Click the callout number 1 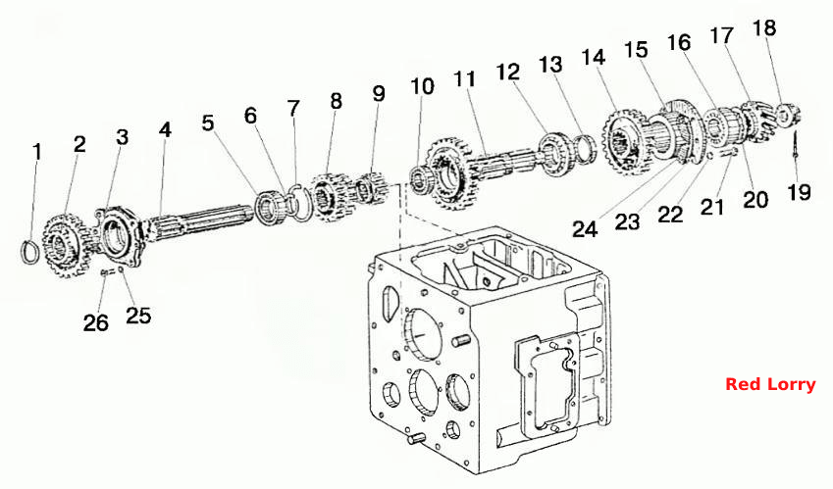[x=36, y=152]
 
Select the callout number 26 [x=95, y=322]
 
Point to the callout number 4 [x=165, y=130]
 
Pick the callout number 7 [x=293, y=109]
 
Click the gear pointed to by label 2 [x=64, y=245]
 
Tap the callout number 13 [x=550, y=65]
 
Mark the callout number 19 [x=799, y=192]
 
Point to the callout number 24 [x=585, y=229]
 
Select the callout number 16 [x=679, y=42]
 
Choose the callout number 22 [x=670, y=215]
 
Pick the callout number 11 [x=464, y=79]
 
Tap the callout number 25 [x=138, y=315]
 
